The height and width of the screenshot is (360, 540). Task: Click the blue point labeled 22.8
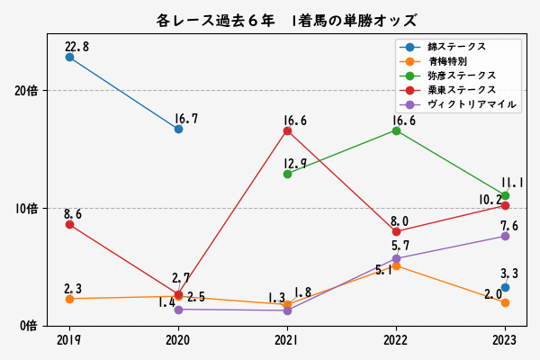click(69, 57)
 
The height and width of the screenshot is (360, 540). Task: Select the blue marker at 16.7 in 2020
click(178, 129)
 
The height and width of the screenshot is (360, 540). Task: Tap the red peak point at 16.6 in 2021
click(287, 130)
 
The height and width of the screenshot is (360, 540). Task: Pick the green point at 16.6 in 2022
click(396, 130)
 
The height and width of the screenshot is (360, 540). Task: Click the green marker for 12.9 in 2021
click(287, 174)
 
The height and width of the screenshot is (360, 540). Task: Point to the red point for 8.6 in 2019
click(69, 224)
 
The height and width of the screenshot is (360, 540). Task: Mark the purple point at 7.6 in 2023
click(505, 236)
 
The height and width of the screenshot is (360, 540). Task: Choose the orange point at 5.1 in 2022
click(396, 265)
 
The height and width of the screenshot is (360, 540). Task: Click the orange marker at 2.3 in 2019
click(69, 298)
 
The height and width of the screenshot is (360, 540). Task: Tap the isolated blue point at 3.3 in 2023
click(505, 287)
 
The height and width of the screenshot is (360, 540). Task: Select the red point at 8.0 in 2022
click(396, 231)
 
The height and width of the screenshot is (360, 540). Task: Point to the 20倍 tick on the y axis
click(26, 91)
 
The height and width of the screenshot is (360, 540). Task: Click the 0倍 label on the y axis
click(30, 325)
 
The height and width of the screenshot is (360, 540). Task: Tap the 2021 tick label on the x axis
click(287, 340)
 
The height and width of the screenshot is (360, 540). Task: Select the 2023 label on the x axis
click(505, 340)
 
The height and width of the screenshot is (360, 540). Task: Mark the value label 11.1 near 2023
click(512, 183)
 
